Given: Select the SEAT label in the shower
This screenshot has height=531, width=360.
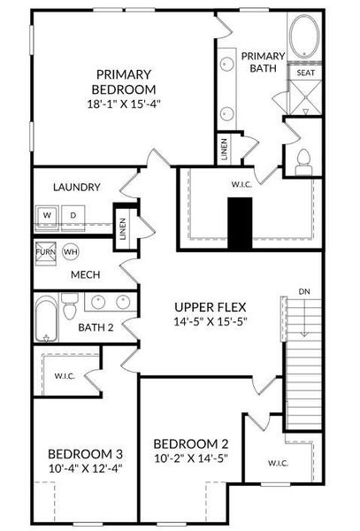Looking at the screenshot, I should click(x=306, y=73).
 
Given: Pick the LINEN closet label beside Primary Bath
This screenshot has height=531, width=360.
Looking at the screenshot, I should click(x=224, y=148).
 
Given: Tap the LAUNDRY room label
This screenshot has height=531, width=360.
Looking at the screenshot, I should click(x=76, y=188).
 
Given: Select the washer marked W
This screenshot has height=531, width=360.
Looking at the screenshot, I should click(x=48, y=215).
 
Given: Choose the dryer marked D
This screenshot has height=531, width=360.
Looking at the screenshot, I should click(x=73, y=215).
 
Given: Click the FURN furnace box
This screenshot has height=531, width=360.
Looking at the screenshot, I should click(x=45, y=251).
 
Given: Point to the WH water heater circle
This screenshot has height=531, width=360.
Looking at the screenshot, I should click(x=72, y=251).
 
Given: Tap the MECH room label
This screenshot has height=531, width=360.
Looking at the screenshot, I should click(x=85, y=274).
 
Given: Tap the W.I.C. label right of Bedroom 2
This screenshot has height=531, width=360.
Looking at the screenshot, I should click(x=282, y=463).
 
